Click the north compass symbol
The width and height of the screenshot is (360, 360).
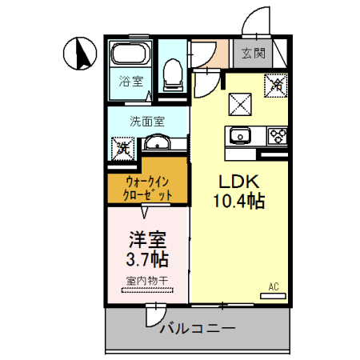pyautogui.click(x=79, y=54)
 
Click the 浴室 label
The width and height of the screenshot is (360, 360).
pyautogui.click(x=131, y=81)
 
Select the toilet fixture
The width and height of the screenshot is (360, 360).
pyautogui.click(x=171, y=74)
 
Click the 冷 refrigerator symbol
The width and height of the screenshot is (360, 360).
pyautogui.click(x=276, y=82)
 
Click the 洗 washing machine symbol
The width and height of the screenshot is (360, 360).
pyautogui.click(x=122, y=146)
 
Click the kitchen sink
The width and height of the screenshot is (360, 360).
pyautogui.click(x=241, y=135)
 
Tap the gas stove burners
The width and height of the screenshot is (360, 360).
pyautogui.click(x=278, y=135)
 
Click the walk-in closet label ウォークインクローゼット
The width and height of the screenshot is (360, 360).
pyautogui.click(x=148, y=187)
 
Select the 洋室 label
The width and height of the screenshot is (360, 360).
pyautogui.click(x=147, y=239)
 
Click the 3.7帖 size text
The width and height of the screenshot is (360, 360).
pyautogui.click(x=147, y=259)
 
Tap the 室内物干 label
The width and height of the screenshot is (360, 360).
pyautogui.click(x=146, y=281)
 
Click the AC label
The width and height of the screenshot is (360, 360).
pyautogui.click(x=274, y=286)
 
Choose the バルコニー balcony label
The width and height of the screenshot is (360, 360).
pyautogui.click(x=196, y=329)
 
